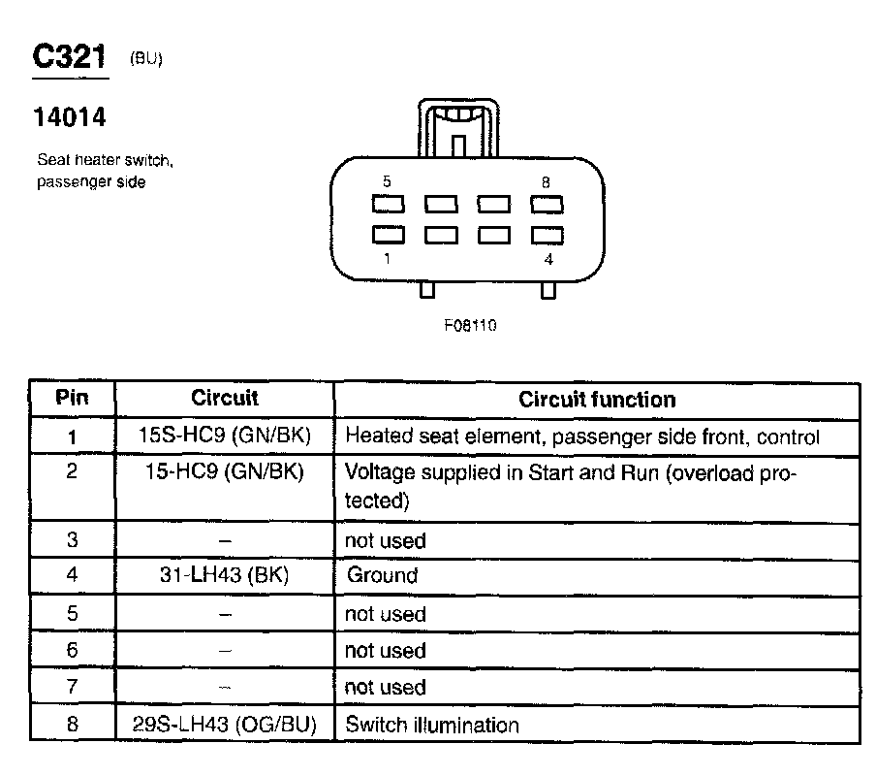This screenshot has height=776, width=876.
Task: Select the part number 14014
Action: point(69,117)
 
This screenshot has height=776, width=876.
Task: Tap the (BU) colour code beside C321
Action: point(145,59)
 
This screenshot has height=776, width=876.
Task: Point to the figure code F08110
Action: point(470,325)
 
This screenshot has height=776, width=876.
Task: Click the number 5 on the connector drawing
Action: point(387,181)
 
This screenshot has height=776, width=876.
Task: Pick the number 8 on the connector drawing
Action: point(547,181)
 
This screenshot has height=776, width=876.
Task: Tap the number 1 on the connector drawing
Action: point(388,259)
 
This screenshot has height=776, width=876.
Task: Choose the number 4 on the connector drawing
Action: point(549,259)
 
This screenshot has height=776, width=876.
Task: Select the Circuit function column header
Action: point(597,400)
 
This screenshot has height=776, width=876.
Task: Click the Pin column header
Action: point(72,398)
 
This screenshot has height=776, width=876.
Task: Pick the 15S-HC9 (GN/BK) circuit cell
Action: point(224,436)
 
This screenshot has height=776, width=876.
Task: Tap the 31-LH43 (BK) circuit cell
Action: point(224,575)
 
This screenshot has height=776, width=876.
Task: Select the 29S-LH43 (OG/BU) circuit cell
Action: point(224,725)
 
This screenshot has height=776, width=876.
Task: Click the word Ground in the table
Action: point(382,575)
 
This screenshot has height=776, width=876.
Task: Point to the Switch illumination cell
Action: point(431,725)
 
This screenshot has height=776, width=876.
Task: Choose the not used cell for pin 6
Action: point(385,651)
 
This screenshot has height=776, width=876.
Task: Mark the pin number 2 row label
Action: point(72,474)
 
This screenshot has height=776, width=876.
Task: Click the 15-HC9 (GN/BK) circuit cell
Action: point(224,473)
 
